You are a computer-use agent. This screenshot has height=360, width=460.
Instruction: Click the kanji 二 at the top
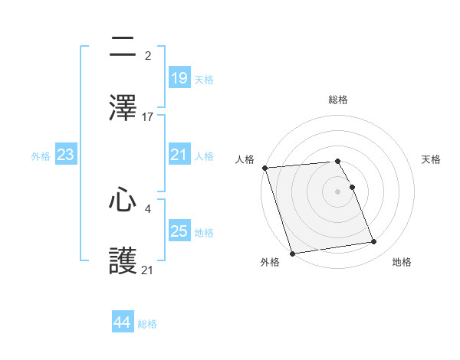point(123,46)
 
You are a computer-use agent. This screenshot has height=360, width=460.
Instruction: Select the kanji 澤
point(123,108)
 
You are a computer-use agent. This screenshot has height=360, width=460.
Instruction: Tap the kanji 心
point(123,200)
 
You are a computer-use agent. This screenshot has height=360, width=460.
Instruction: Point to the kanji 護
point(123,261)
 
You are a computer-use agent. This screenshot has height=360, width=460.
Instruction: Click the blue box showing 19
point(179,77)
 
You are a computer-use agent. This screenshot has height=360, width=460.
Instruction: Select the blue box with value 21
point(179,154)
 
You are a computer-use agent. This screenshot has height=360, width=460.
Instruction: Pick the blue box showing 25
point(179,231)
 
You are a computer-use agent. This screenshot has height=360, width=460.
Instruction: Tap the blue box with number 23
point(66,155)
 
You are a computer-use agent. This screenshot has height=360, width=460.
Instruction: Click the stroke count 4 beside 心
point(147,207)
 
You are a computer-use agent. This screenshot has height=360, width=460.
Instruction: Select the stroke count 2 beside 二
point(147,55)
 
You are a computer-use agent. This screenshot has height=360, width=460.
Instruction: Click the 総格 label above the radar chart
point(338,100)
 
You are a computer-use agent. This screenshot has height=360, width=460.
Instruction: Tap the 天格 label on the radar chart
point(431,159)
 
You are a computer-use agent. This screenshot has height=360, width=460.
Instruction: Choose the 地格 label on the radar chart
point(402,262)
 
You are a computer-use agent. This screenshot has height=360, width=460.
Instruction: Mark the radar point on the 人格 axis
point(264,168)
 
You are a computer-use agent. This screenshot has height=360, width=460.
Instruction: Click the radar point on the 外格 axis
point(292,253)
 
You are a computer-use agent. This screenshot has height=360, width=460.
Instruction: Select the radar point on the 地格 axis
point(374,242)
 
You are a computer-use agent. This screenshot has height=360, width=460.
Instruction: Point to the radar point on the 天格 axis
point(352,187)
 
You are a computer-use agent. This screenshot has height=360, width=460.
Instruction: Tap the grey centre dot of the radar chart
point(338,191)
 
